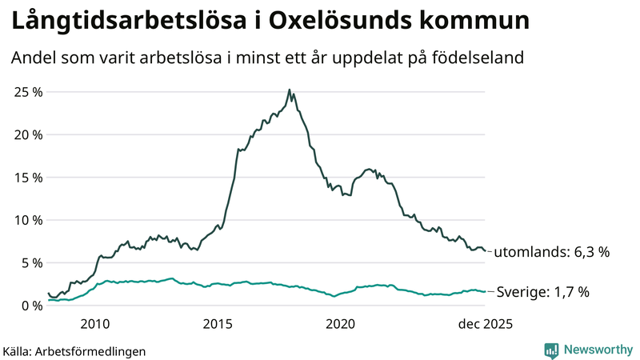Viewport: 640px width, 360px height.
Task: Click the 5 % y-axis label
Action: (x=30, y=262)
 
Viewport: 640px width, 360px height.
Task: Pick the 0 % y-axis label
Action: (x=30, y=305)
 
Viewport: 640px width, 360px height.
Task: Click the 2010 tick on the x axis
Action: (x=94, y=324)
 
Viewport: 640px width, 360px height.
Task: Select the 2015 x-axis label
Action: (x=218, y=324)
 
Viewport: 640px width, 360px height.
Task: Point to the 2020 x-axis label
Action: (x=341, y=324)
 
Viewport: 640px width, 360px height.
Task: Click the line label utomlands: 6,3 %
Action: (x=551, y=252)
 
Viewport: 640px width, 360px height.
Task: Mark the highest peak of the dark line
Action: (x=289, y=90)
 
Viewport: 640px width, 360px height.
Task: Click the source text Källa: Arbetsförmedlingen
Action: (x=74, y=350)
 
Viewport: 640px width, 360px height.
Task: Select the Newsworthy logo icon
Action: (x=551, y=350)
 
